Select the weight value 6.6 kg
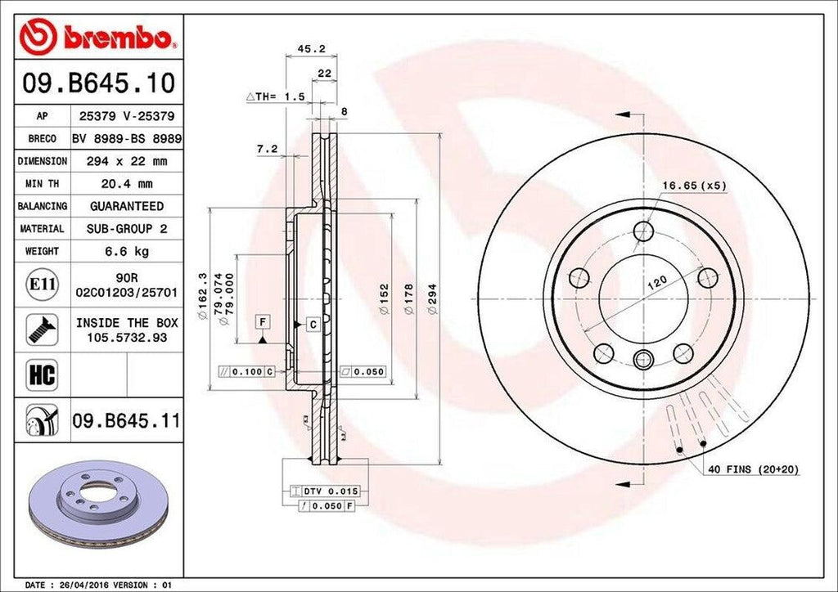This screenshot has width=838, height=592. pos(127,251)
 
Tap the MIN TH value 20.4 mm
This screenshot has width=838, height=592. pos(127,184)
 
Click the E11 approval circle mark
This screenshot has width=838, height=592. pos(42,285)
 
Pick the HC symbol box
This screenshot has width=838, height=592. pos(41,374)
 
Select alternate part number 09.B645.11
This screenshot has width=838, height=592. pos(126,422)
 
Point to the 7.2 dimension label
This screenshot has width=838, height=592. pos(267,149)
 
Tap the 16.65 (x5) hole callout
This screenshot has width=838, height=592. pos(694,186)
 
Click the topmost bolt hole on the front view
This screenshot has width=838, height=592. pos(644,231)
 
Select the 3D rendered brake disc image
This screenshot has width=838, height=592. pos(98,507)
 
